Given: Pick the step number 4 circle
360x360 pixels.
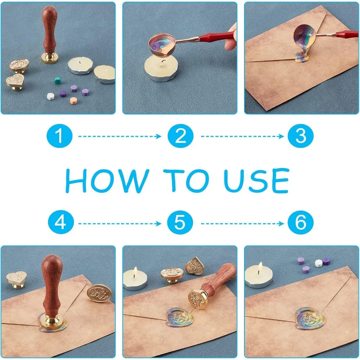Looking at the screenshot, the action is [x=61, y=222].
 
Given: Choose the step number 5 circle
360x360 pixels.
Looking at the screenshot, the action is [x=180, y=222].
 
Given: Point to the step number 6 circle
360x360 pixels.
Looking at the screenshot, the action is [x=301, y=222].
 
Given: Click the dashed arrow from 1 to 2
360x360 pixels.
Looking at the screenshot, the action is [x=120, y=136].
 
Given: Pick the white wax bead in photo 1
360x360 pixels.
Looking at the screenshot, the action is [x=50, y=96].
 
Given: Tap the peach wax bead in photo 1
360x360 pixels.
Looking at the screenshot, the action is [x=73, y=101].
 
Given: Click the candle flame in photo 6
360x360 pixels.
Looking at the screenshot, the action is [x=260, y=266].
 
